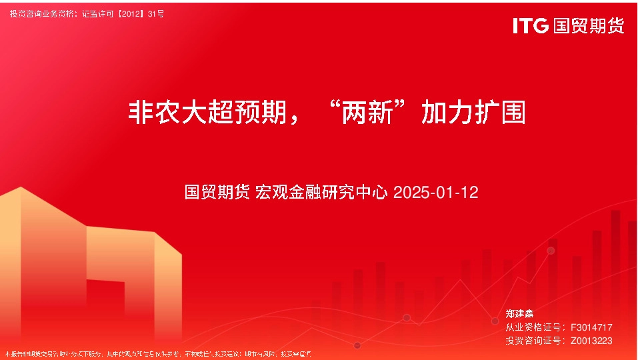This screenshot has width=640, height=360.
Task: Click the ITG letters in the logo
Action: point(531,26)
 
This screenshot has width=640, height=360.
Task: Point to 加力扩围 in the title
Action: point(473,113)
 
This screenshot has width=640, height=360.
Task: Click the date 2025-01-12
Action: point(436,193)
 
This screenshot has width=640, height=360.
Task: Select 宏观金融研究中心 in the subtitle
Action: point(322,193)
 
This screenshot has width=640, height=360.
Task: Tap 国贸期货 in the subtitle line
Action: point(217,193)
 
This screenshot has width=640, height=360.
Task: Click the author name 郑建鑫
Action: point(520,313)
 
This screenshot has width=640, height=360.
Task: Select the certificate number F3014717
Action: point(591,327)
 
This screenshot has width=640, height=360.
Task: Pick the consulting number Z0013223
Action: point(591,341)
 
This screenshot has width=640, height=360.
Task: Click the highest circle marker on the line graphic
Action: point(551,251)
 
